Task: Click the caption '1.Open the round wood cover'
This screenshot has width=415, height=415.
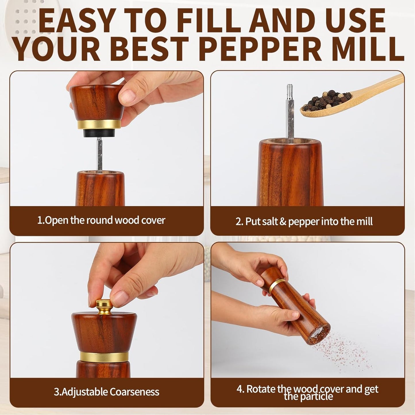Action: [x=101, y=220]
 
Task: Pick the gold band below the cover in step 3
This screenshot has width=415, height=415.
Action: [x=104, y=357]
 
